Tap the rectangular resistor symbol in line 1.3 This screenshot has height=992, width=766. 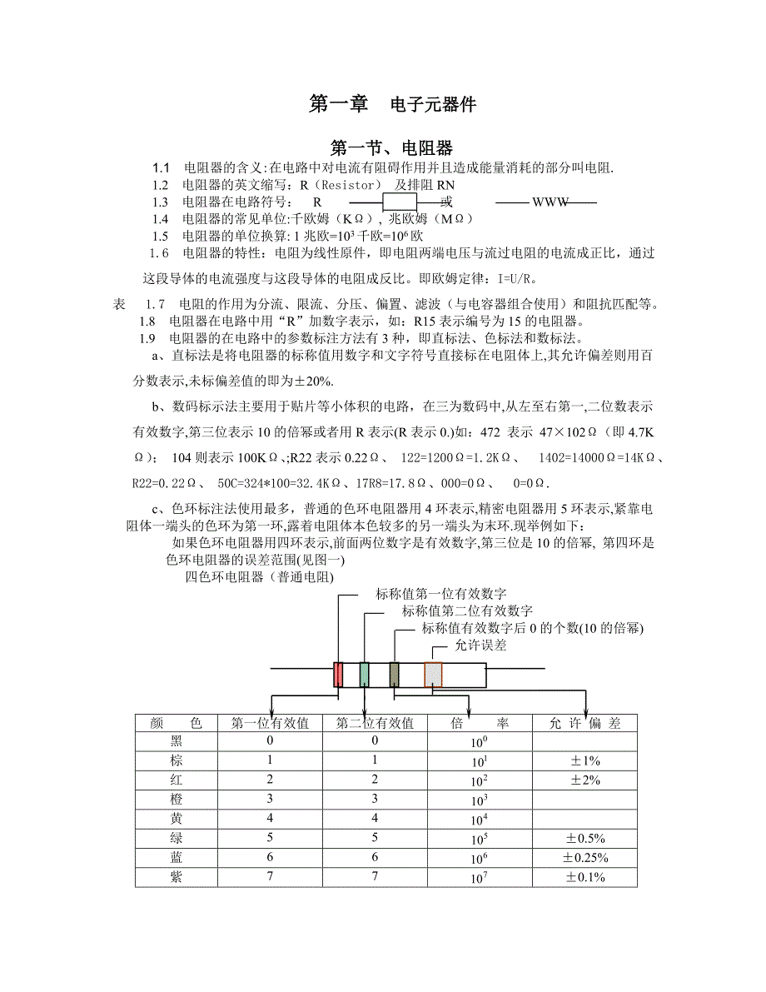(x=399, y=202)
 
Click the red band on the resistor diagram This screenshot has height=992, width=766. (x=339, y=674)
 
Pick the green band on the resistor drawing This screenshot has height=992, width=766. (x=365, y=674)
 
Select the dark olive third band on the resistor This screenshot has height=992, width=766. (x=395, y=674)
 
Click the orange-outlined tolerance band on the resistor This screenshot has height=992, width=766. (x=433, y=674)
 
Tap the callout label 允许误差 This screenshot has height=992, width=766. (x=480, y=645)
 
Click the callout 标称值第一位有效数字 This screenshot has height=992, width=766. (x=441, y=594)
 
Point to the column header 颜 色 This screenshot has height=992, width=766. (x=176, y=723)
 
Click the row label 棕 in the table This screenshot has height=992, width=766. (x=176, y=760)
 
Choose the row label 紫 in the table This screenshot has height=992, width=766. (x=176, y=877)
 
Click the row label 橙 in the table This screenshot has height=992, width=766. (x=176, y=800)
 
